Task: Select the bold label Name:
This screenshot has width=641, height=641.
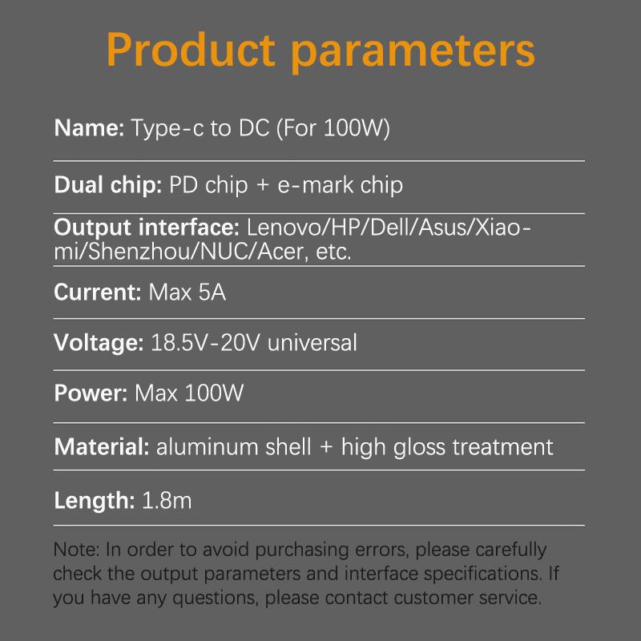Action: [89, 128]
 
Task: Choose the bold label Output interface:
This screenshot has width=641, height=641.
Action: [147, 228]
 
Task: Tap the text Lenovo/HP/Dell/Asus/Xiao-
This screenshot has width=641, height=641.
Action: [389, 228]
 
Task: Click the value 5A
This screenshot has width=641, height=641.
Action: [211, 292]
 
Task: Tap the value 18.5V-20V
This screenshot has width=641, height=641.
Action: [206, 343]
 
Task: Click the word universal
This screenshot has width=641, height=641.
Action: [312, 343]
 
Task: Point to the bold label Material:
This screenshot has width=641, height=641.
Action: [102, 446]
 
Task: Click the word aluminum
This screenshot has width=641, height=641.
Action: [207, 446]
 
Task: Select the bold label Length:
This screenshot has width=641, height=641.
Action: [94, 502]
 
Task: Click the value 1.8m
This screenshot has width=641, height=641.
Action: [167, 502]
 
